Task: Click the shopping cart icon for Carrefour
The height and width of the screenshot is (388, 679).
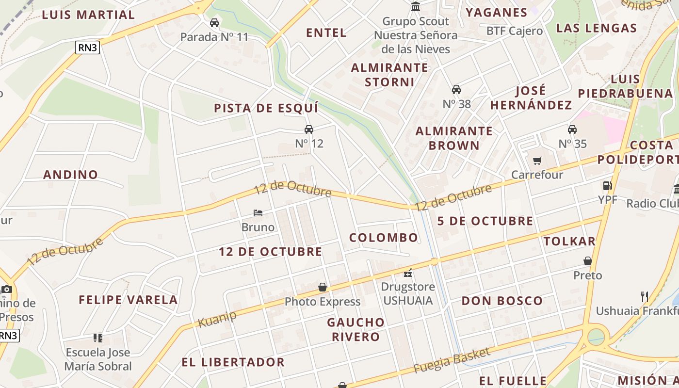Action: [537, 161]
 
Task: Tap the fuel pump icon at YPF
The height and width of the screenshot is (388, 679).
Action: [607, 186]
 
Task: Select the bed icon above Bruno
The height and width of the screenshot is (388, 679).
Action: [258, 213]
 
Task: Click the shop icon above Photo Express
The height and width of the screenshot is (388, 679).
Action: [323, 288]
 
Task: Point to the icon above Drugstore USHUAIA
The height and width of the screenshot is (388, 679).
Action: [408, 273]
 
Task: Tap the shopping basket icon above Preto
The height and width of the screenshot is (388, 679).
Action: [588, 261]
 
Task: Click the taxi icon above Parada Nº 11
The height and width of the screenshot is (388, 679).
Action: [214, 23]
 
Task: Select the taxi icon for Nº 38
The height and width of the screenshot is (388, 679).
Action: [456, 90]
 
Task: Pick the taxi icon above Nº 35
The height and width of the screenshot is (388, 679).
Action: [572, 129]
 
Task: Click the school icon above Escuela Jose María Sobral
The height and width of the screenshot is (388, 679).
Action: [98, 338]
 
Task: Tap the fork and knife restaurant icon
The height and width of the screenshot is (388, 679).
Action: [645, 296]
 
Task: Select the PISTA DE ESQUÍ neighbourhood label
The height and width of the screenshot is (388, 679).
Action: [266, 108]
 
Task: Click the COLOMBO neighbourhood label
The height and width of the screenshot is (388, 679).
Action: [384, 238]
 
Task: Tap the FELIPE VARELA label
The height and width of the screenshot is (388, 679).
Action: [129, 300]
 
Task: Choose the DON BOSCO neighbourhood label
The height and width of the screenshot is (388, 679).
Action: [502, 301]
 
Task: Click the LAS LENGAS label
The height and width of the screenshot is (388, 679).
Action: [596, 28]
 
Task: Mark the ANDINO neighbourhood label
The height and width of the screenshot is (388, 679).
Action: [71, 175]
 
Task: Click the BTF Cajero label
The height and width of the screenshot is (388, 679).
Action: [515, 31]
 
